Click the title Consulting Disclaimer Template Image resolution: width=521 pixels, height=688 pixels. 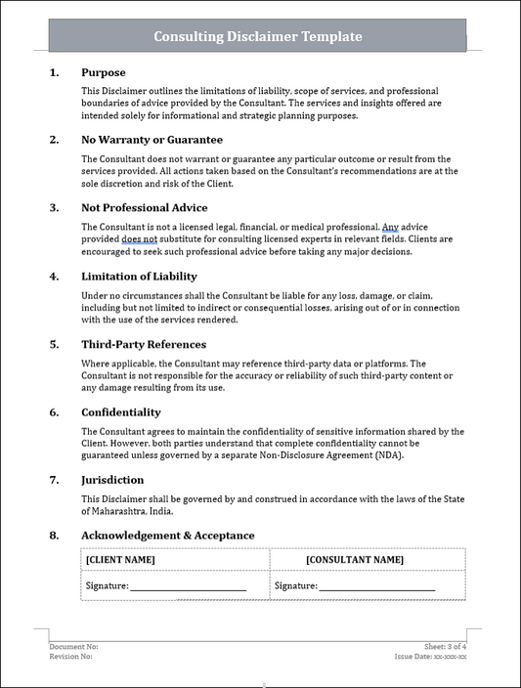(x=258, y=36)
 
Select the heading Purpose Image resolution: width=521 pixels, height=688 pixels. (x=103, y=72)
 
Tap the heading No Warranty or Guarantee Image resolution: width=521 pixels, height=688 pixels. (x=152, y=140)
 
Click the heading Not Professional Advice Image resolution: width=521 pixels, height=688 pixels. (x=144, y=207)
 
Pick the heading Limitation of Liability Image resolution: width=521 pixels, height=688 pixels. (x=139, y=276)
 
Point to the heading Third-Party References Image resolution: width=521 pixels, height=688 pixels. (x=143, y=344)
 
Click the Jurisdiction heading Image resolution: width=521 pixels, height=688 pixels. (x=112, y=480)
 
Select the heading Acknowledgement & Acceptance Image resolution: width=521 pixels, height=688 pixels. (x=167, y=536)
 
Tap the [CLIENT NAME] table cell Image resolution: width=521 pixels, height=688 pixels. (x=121, y=560)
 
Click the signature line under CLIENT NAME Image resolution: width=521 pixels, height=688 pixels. (x=188, y=586)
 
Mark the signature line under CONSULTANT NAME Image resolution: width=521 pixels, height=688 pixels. (x=377, y=586)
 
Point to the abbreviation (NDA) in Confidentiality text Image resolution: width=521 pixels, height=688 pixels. (x=386, y=455)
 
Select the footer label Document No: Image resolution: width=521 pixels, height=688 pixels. (x=73, y=647)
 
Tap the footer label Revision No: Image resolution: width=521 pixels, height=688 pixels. (x=71, y=657)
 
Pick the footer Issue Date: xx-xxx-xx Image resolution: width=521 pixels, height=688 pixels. (x=430, y=657)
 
